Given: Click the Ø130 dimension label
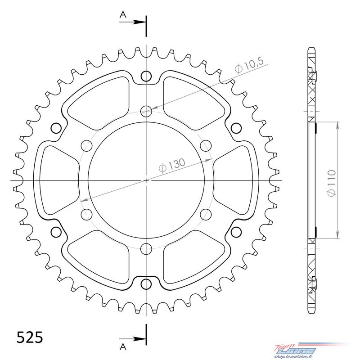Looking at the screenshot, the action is (172, 165).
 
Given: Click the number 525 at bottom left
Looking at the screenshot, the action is (30, 337).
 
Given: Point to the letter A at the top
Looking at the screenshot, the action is (123, 15).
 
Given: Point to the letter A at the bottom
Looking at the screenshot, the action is (123, 347).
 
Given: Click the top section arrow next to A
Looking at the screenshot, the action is (132, 22).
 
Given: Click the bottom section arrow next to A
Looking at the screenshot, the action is (132, 339).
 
